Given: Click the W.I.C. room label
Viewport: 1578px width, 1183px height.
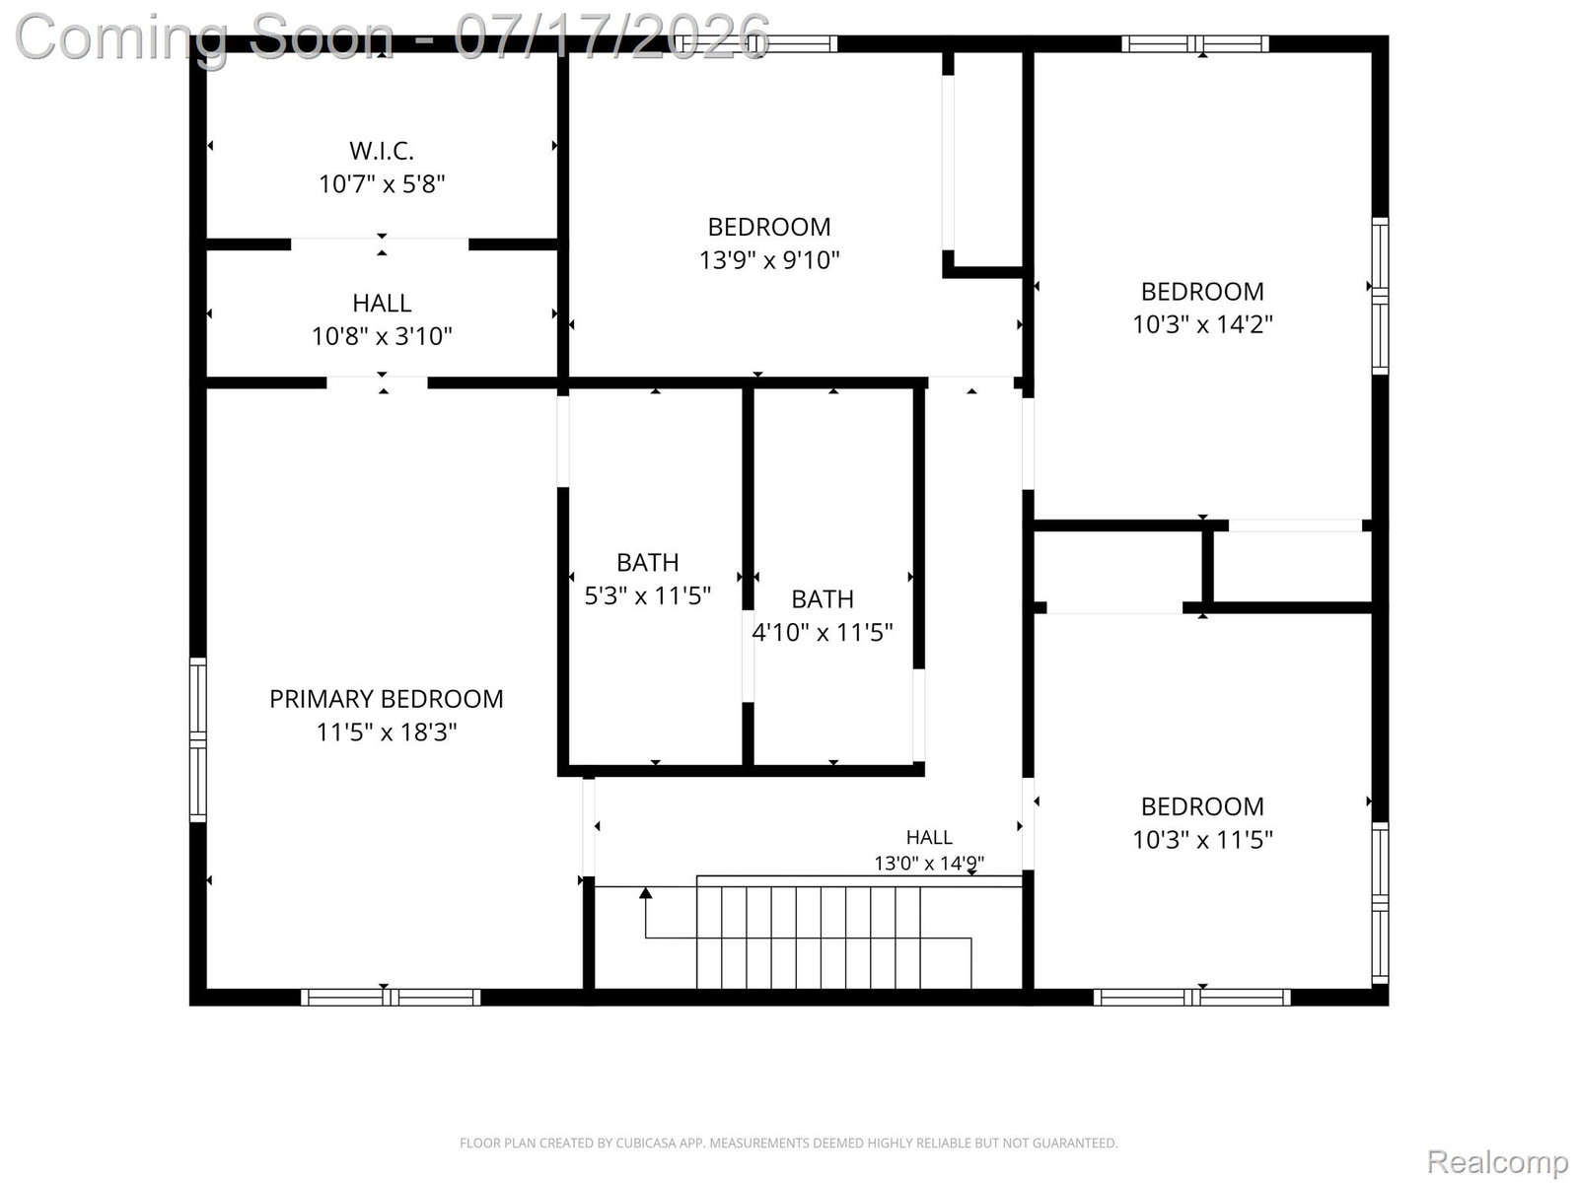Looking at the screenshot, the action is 381,151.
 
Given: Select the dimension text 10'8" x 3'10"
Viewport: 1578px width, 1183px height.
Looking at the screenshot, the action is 382,336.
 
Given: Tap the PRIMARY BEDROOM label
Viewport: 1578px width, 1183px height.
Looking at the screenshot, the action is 386,699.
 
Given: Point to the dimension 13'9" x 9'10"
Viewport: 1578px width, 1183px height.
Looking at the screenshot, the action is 769,260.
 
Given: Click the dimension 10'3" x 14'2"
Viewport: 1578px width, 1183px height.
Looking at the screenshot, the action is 1202,324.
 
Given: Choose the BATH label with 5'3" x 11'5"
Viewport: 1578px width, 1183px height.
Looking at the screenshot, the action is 647,562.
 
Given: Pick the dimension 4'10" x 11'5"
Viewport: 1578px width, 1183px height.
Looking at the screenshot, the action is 823,632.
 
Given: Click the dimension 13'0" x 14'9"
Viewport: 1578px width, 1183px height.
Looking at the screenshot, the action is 929,863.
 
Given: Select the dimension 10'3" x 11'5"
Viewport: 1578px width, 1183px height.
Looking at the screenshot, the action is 1202,840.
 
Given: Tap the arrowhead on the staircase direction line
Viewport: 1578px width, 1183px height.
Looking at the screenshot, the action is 646,893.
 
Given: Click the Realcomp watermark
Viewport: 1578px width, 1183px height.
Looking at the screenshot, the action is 1497,1160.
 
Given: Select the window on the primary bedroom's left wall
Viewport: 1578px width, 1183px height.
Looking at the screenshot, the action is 197,739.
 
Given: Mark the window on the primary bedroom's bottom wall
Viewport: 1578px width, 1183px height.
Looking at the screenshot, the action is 391,997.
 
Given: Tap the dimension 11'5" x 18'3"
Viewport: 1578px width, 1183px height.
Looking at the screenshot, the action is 387,731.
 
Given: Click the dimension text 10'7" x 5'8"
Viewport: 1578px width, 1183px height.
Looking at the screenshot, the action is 382,184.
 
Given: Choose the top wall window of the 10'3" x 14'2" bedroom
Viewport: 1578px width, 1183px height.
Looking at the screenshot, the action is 1194,43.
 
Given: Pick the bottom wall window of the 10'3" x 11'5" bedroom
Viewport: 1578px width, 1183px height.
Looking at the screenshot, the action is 1192,997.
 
